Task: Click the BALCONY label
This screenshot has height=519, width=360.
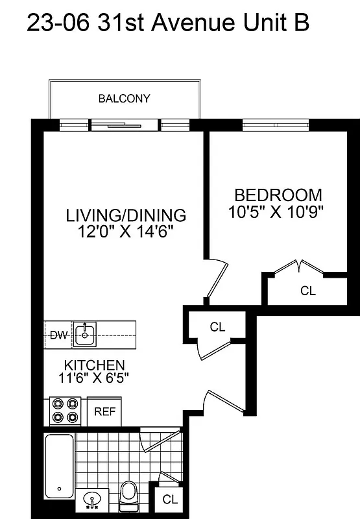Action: [x=124, y=99]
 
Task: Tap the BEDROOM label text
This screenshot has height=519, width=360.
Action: [x=278, y=195]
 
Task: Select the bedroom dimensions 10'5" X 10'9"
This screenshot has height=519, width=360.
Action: [x=276, y=211]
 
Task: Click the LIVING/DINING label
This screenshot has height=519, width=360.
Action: [x=126, y=215]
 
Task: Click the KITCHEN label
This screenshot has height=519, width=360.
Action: [x=94, y=365]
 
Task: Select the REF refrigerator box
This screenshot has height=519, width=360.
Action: [x=104, y=411]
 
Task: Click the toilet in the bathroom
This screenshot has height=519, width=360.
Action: [x=130, y=495]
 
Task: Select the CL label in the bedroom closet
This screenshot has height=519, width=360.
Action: [x=307, y=291]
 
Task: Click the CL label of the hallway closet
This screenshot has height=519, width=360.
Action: [x=217, y=327]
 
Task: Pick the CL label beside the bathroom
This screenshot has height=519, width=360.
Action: [x=170, y=500]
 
